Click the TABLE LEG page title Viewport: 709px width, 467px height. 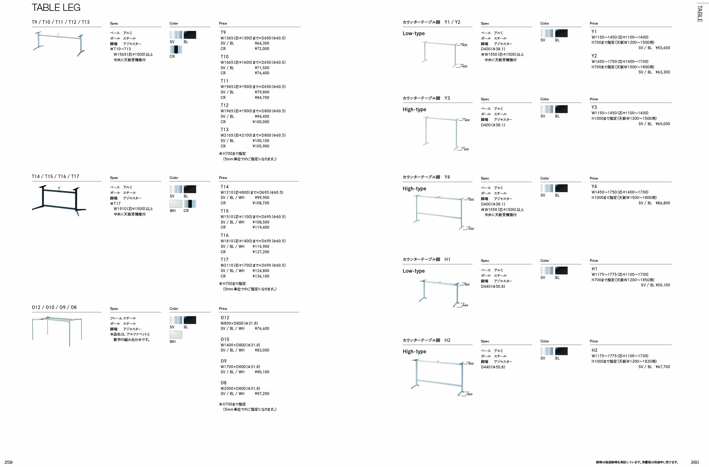pyautogui.click(x=56, y=8)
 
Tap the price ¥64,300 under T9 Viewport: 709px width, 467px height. pyautogui.click(x=262, y=43)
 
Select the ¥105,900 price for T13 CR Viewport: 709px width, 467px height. pyautogui.click(x=261, y=146)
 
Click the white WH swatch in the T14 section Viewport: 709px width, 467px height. pyautogui.click(x=176, y=204)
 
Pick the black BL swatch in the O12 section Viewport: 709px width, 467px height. pyautogui.click(x=190, y=320)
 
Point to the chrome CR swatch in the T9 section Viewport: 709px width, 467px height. pyautogui.click(x=176, y=49)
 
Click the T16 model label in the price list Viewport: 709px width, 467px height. pyautogui.click(x=224, y=235)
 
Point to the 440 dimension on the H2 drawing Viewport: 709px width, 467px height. pyautogui.click(x=470, y=394)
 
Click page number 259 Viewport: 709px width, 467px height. pyautogui.click(x=8, y=462)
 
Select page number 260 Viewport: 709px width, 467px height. pyautogui.click(x=695, y=462)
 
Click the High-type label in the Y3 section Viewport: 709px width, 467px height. pyautogui.click(x=414, y=109)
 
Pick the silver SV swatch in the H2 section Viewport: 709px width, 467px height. pyautogui.click(x=546, y=351)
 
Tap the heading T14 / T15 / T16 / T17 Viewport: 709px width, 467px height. pyautogui.click(x=55, y=176)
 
